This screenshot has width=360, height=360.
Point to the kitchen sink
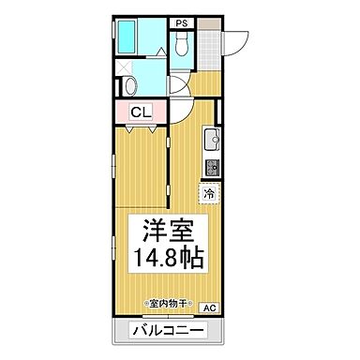[x=210, y=143]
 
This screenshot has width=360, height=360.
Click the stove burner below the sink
[x=211, y=169]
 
